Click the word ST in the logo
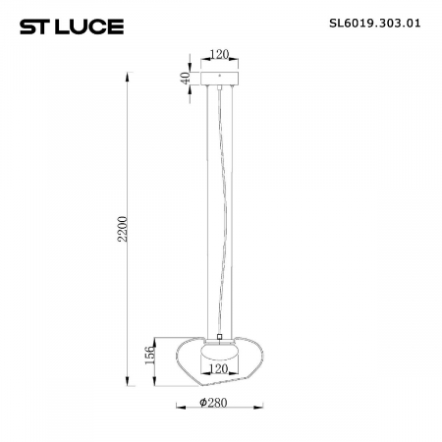coord(32,21)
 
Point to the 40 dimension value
coord(186,78)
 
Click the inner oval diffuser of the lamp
coord(219,351)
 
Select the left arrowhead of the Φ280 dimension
coord(178,404)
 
